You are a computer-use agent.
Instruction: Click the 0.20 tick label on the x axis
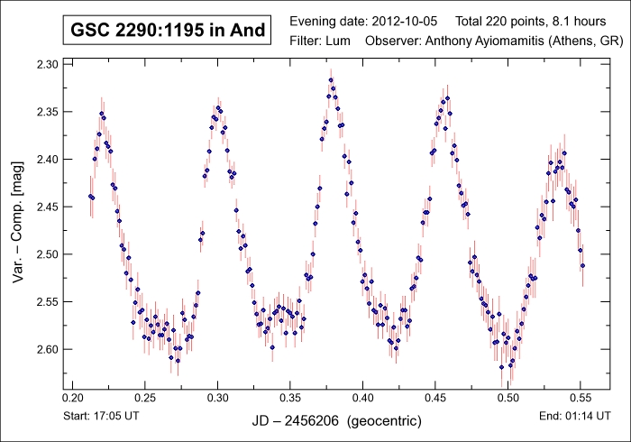[x=72, y=396]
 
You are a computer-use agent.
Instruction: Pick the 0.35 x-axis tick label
[x=289, y=396]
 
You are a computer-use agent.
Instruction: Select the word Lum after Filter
[x=344, y=41]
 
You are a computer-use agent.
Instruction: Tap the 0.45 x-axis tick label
[x=434, y=396]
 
